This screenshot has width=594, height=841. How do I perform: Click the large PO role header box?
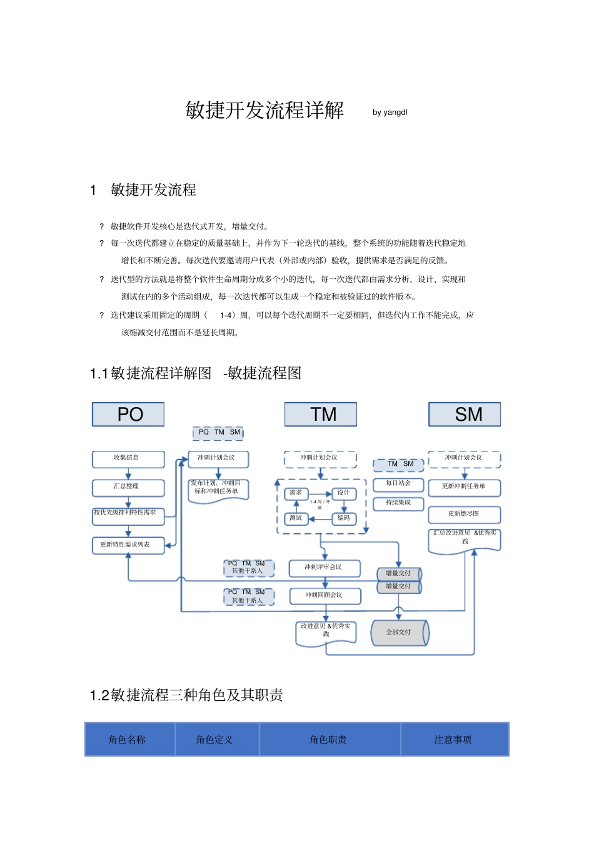click(x=128, y=414)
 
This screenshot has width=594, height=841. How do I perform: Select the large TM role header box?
click(x=321, y=414)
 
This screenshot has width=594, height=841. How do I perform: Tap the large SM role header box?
click(x=465, y=414)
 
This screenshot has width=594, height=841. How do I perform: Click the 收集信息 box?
click(x=128, y=458)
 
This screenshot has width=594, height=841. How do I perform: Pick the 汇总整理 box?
click(x=128, y=486)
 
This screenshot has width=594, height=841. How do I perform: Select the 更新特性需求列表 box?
click(x=128, y=545)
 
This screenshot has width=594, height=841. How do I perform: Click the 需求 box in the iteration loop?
click(x=296, y=493)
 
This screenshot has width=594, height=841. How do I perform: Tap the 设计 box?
click(x=343, y=493)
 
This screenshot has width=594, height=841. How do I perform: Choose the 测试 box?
click(x=296, y=518)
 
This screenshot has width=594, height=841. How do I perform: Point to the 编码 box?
click(x=343, y=518)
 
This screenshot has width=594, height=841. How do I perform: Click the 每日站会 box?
click(x=398, y=483)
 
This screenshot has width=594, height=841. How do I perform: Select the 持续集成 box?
click(x=398, y=503)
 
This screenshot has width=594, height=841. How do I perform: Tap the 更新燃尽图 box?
click(x=464, y=514)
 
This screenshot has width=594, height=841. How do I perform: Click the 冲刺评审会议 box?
click(x=324, y=567)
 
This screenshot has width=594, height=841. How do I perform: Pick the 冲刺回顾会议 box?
click(x=325, y=595)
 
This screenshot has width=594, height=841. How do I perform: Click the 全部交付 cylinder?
click(x=399, y=632)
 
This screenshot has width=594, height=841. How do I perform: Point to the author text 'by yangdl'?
click(x=390, y=113)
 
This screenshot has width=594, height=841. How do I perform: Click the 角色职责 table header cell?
click(x=329, y=740)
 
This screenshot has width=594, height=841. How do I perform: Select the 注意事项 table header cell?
click(x=454, y=740)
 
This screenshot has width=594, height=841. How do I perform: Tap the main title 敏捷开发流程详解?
click(x=264, y=110)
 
